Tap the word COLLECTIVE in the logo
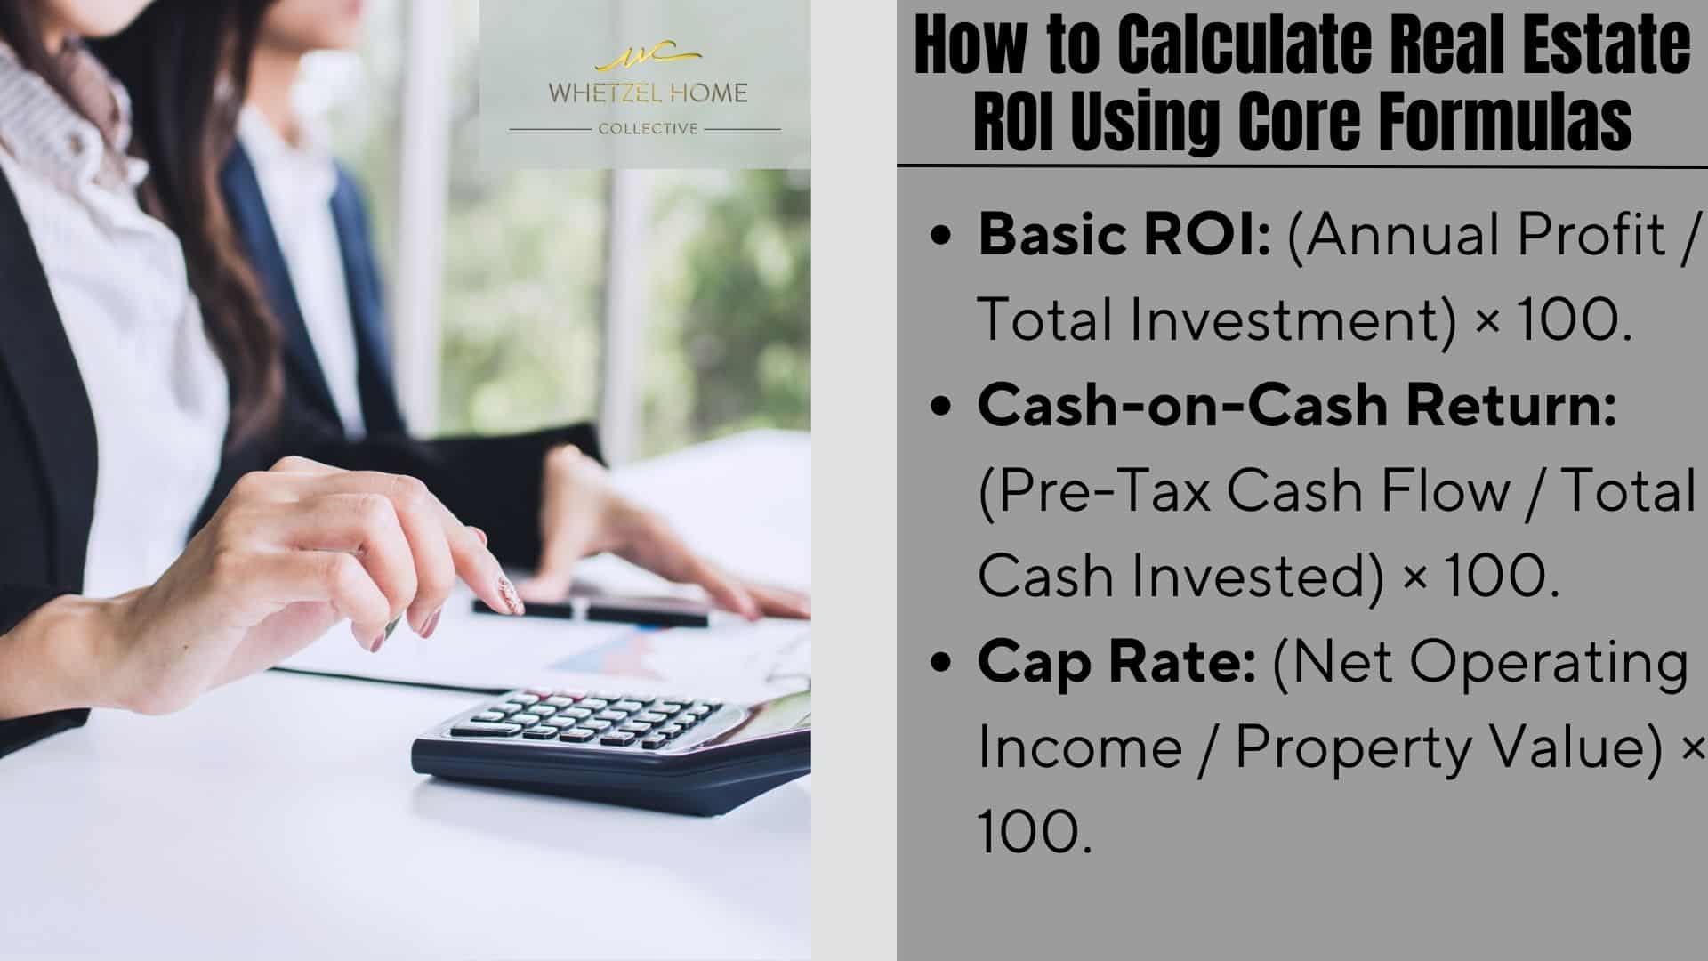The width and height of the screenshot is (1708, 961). click(x=649, y=129)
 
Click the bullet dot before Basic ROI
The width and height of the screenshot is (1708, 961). click(x=940, y=238)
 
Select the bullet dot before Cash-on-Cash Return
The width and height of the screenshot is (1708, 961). click(x=940, y=407)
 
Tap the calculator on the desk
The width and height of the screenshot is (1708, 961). click(x=611, y=746)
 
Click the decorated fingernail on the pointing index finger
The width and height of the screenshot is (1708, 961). click(x=510, y=594)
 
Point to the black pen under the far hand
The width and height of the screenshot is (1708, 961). click(x=590, y=609)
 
